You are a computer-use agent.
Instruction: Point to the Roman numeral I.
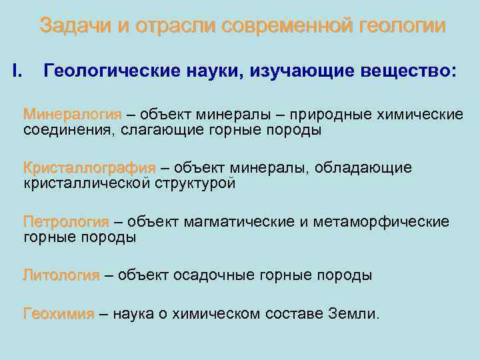pos(18,71)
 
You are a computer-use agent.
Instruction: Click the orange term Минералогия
pos(73,114)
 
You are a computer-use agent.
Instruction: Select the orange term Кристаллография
pos(89,168)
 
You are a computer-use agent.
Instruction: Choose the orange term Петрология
pos(65,221)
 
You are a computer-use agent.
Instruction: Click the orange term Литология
pos(61,275)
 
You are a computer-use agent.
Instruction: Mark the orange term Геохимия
pos(59,313)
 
